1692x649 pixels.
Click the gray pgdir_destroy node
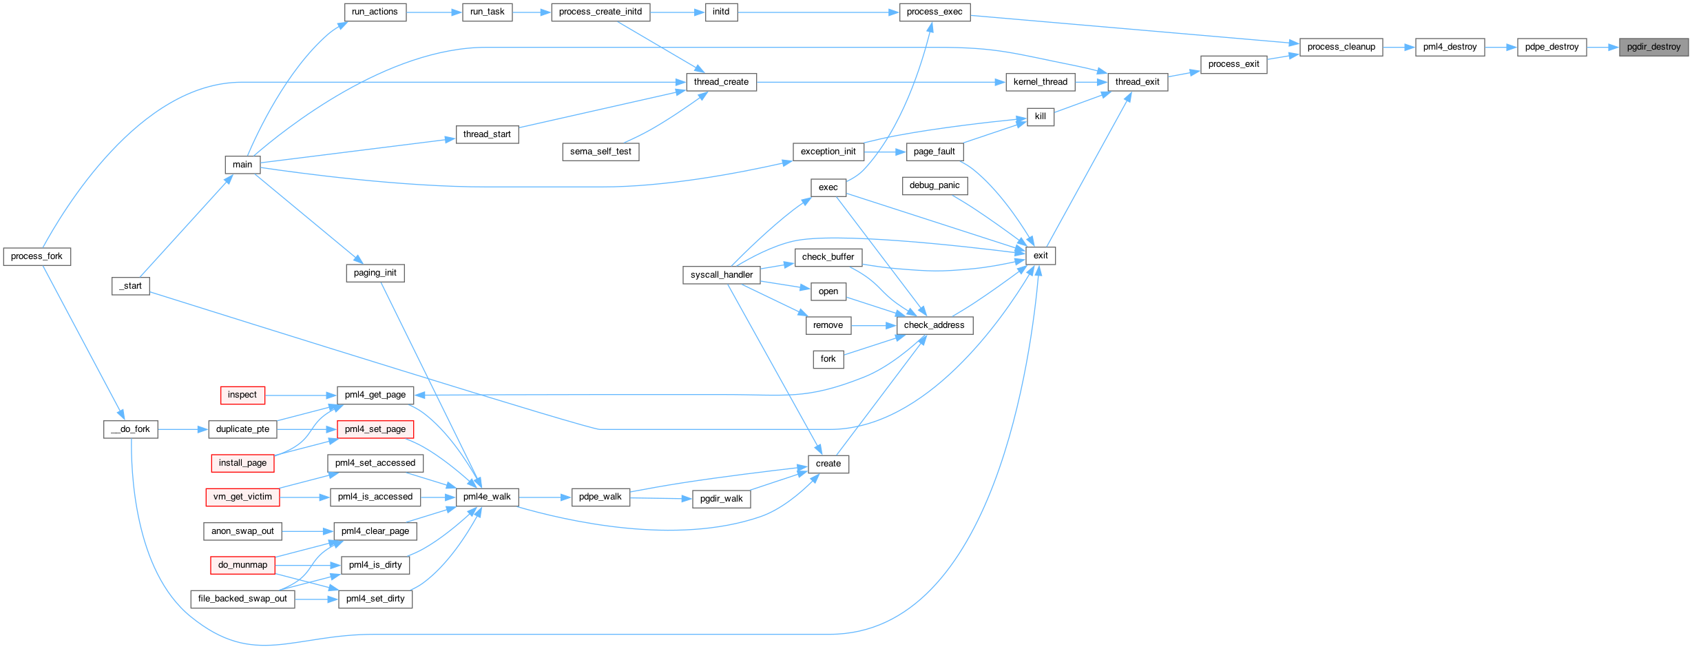(1653, 47)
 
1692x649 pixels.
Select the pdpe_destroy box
(1552, 47)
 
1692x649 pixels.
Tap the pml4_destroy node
(1450, 47)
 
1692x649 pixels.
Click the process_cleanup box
(1341, 47)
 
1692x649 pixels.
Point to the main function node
(242, 165)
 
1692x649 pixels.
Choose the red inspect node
(242, 395)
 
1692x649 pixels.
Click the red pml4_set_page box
(375, 429)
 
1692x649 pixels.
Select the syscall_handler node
(722, 275)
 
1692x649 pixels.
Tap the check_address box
(934, 325)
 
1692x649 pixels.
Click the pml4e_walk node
(487, 497)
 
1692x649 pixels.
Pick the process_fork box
(37, 256)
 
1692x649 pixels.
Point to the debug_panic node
(934, 185)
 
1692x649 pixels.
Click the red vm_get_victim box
(242, 497)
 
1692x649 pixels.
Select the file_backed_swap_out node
(242, 599)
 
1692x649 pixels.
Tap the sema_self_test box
(600, 152)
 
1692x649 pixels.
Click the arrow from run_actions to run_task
(435, 12)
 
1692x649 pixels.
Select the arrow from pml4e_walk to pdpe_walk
(545, 497)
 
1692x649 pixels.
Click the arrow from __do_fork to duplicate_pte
(183, 429)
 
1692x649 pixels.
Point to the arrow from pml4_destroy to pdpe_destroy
(1501, 47)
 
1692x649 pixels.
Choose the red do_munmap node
(242, 565)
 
